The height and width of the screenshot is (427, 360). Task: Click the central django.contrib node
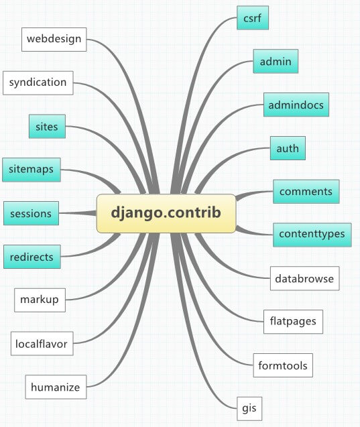click(x=166, y=213)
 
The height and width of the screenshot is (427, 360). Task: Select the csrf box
click(x=253, y=17)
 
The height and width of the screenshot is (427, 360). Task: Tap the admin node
click(x=276, y=61)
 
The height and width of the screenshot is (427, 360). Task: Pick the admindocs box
click(x=296, y=105)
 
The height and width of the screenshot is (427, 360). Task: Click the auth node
click(x=288, y=148)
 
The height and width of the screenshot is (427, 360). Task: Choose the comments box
click(x=306, y=192)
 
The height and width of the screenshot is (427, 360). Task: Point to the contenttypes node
click(x=312, y=235)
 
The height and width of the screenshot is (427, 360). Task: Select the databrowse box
click(x=304, y=278)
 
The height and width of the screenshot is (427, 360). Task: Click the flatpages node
click(x=293, y=322)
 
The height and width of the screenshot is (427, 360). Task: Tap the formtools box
click(x=283, y=365)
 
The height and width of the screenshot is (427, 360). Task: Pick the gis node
click(x=249, y=408)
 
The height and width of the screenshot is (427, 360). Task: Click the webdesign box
click(x=54, y=39)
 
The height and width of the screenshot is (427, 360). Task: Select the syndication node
click(x=38, y=83)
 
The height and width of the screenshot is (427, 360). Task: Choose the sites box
click(x=47, y=126)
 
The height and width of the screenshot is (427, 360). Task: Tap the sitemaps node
click(x=32, y=170)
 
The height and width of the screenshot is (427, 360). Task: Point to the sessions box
click(x=31, y=213)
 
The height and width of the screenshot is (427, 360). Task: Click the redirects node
click(x=32, y=257)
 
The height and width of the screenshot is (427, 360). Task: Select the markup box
click(x=40, y=300)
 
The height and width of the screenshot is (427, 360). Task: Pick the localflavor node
click(x=42, y=343)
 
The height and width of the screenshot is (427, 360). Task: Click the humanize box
click(x=56, y=387)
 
